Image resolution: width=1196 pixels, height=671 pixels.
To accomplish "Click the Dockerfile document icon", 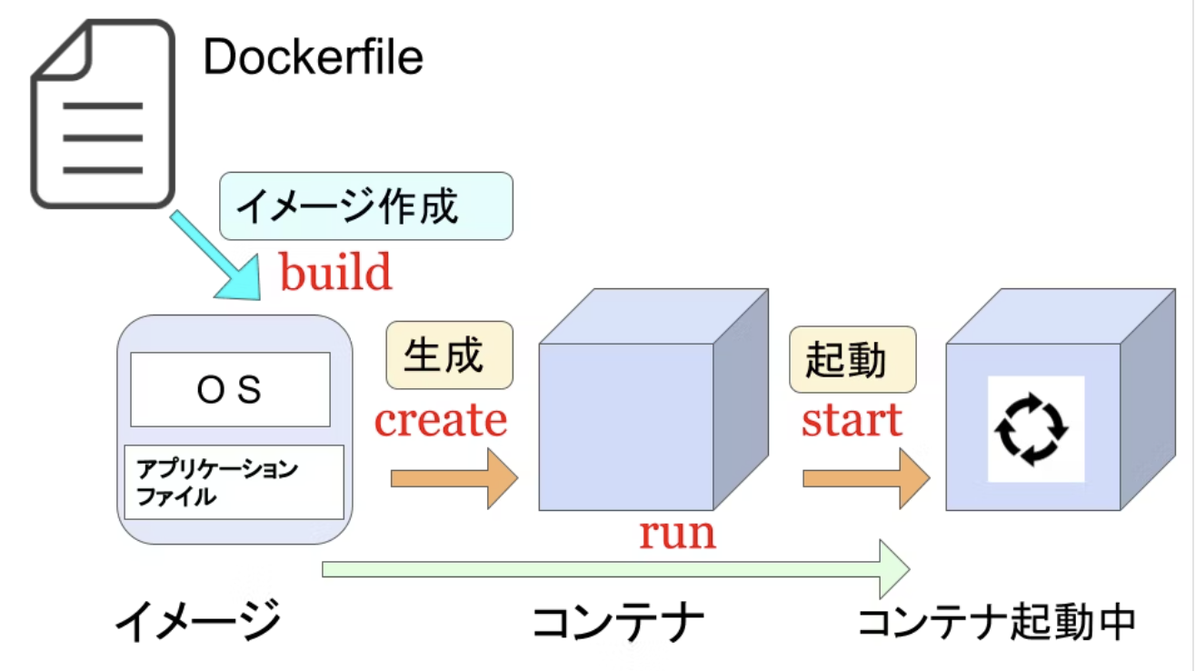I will [x=102, y=115].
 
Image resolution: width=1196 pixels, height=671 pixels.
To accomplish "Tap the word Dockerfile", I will [x=313, y=58].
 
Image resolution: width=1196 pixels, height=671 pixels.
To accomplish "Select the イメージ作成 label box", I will [x=366, y=206].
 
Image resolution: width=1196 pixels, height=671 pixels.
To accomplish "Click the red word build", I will [x=335, y=272].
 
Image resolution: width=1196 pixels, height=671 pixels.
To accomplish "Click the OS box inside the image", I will [x=230, y=390].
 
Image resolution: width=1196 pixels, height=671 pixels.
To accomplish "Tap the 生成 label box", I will [x=449, y=356].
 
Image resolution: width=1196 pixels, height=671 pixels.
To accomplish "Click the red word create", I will [x=441, y=420].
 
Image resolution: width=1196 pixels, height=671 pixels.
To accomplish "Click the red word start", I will [x=852, y=420].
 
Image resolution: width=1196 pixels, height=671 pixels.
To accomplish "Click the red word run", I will [x=677, y=533].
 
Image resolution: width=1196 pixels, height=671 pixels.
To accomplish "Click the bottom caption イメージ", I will [x=197, y=623].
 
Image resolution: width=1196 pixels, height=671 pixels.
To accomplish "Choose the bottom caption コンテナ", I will [x=618, y=623].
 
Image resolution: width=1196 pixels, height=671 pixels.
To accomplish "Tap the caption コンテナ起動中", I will [x=997, y=623].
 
